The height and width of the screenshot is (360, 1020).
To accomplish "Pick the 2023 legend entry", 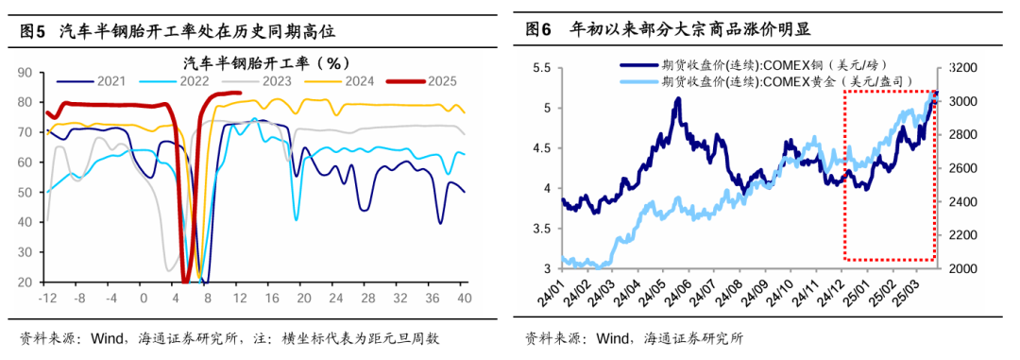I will pyautogui.click(x=276, y=81).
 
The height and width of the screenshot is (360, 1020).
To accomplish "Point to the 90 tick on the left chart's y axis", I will pyautogui.click(x=25, y=72).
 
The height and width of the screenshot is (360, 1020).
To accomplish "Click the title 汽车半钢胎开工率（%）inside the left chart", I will pyautogui.click(x=265, y=63).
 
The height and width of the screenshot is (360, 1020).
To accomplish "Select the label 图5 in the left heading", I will pyautogui.click(x=33, y=32).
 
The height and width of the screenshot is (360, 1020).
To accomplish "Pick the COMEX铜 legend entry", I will pyautogui.click(x=769, y=66).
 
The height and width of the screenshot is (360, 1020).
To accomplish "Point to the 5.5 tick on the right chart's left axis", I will pyautogui.click(x=542, y=69).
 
